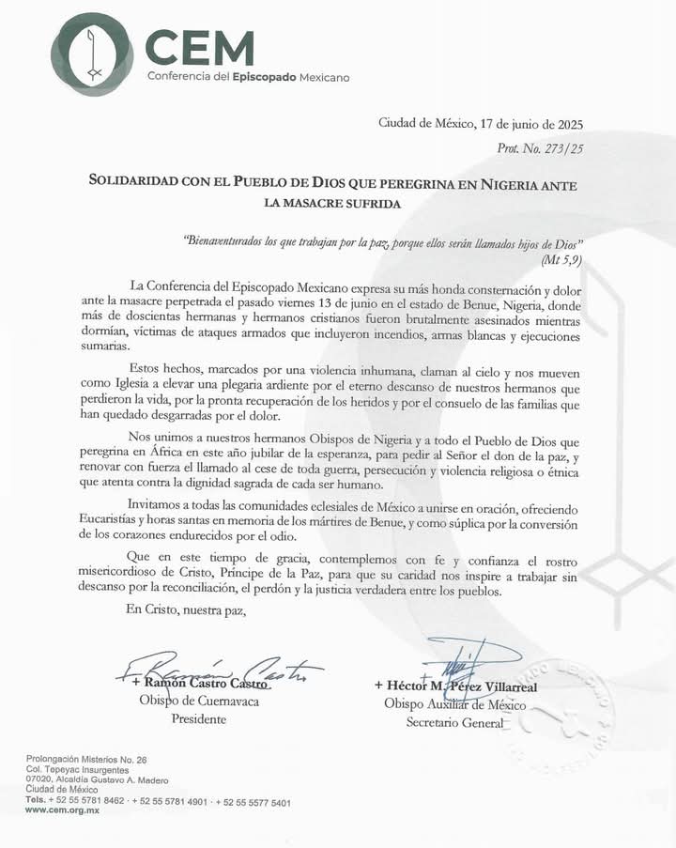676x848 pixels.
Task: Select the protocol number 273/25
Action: point(563,147)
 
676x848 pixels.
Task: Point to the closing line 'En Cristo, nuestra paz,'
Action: point(185,611)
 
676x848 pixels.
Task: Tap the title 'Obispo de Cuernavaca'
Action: point(199,702)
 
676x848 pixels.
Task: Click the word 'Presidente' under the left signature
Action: point(199,720)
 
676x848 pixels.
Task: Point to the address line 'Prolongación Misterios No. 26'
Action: point(86,758)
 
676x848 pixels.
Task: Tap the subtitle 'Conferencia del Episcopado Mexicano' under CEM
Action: point(248,76)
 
